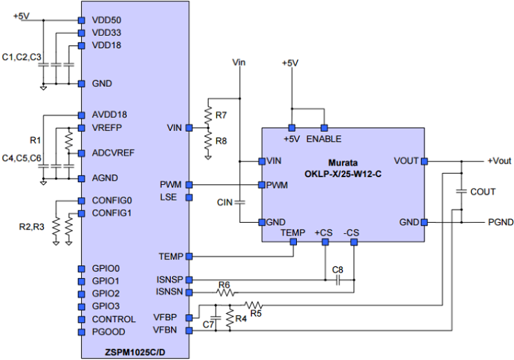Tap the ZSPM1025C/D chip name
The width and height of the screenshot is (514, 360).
tap(135, 351)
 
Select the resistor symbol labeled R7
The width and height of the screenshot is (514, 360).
tap(207, 110)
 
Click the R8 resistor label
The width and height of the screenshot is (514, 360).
tap(221, 141)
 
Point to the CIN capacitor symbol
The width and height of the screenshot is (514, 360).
tap(239, 203)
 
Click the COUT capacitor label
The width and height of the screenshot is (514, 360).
tap(483, 192)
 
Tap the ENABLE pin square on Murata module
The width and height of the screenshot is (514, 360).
tap(324, 128)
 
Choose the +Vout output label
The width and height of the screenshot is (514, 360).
tap(499, 161)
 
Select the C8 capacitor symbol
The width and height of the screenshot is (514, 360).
tap(338, 280)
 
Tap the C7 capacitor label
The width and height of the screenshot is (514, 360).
tap(208, 323)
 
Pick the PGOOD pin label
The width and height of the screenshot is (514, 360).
tap(107, 332)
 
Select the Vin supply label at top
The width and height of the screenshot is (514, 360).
tap(239, 63)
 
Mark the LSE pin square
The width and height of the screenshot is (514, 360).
tap(188, 197)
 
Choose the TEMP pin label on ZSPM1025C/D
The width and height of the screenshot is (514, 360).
tap(171, 257)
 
